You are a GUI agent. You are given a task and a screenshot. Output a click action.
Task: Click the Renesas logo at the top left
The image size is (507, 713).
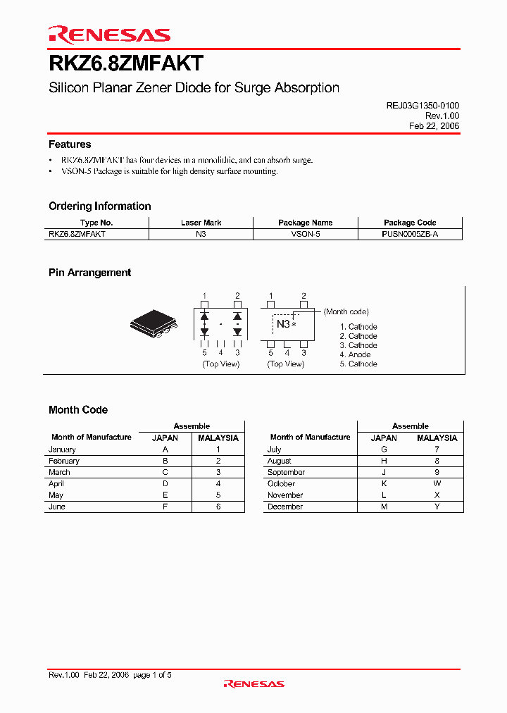[108, 35]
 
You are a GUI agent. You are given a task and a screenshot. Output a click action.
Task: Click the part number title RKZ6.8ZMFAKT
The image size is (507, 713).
[126, 64]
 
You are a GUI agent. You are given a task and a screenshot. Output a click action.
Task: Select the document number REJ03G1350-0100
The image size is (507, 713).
[423, 105]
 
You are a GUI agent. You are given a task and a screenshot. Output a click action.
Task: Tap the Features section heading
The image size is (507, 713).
[70, 144]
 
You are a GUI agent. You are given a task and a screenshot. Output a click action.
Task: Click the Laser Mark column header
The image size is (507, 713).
[201, 223]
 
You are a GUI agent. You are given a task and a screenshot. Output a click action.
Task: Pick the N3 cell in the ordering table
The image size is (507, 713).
[201, 234]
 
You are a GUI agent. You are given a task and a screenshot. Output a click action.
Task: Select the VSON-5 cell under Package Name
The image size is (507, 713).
[305, 234]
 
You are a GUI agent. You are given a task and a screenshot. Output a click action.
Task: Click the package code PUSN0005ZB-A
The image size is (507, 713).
[410, 234]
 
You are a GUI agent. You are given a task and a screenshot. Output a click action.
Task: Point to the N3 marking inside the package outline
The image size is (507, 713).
[282, 324]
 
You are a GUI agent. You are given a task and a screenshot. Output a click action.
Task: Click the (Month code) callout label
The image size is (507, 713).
[346, 311]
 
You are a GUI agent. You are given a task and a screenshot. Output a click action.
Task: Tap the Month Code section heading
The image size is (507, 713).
[78, 410]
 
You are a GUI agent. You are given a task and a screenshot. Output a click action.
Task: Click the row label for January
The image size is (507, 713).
[62, 449]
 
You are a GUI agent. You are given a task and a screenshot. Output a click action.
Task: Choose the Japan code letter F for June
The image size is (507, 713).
[165, 507]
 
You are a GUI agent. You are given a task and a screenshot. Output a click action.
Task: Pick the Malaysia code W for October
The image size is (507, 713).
[437, 484]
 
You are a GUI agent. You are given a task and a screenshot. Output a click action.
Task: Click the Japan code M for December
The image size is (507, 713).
[384, 507]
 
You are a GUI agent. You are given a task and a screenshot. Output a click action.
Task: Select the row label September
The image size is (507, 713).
[286, 472]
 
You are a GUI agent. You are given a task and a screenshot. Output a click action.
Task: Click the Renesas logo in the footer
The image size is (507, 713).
[254, 683]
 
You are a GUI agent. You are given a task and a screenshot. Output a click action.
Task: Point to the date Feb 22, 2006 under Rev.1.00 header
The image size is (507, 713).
[434, 125]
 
